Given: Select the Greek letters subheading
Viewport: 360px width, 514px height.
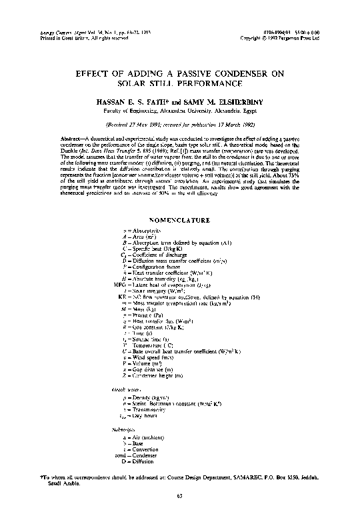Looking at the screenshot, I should click(x=123, y=387).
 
